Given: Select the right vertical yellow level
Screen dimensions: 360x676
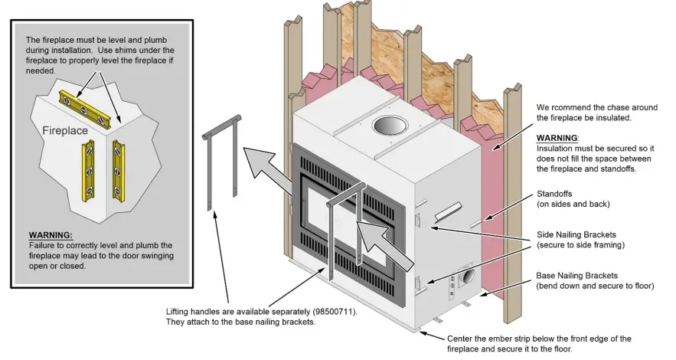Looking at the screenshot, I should pyautogui.click(x=119, y=169).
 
